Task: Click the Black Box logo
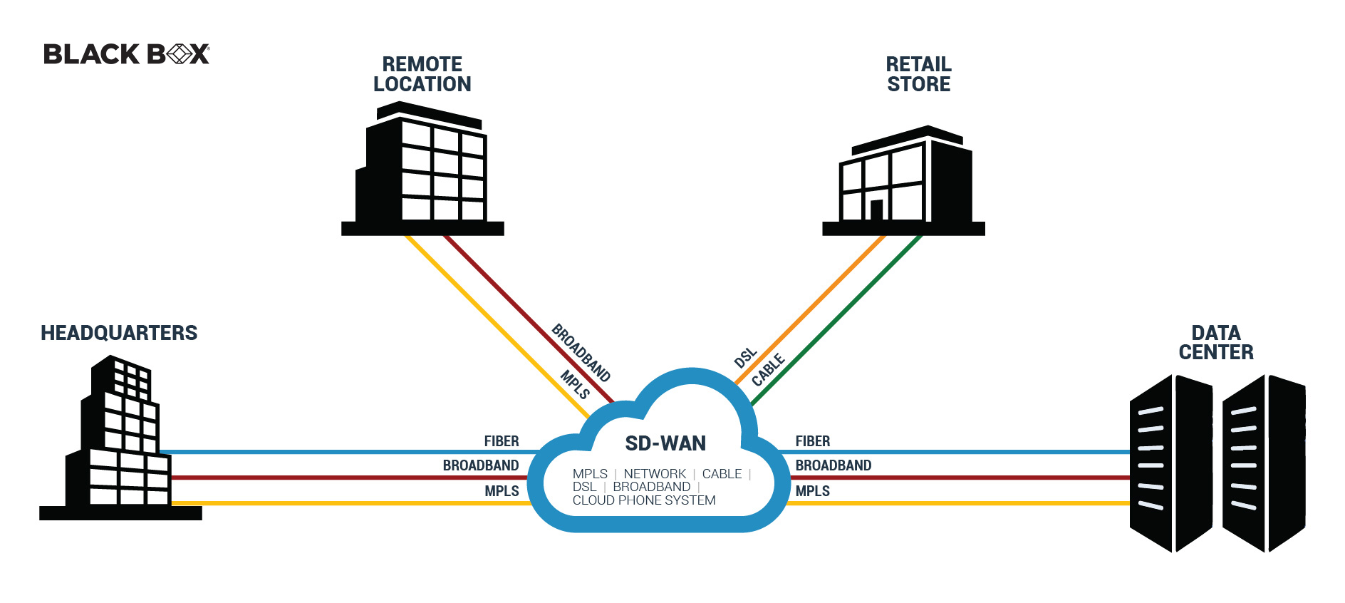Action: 126,54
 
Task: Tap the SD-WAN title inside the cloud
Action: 665,443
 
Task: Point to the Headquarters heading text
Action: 119,333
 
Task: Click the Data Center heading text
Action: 1215,343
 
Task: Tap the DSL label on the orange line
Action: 745,358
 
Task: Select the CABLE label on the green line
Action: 768,370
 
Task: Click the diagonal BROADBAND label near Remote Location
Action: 581,353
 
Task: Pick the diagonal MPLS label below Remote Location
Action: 575,385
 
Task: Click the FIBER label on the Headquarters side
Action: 502,441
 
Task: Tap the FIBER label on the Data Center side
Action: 813,441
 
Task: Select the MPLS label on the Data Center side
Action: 813,491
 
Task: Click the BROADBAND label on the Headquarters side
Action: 481,465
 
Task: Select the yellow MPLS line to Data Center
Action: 962,503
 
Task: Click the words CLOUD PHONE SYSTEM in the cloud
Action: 644,500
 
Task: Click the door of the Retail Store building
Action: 876,210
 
